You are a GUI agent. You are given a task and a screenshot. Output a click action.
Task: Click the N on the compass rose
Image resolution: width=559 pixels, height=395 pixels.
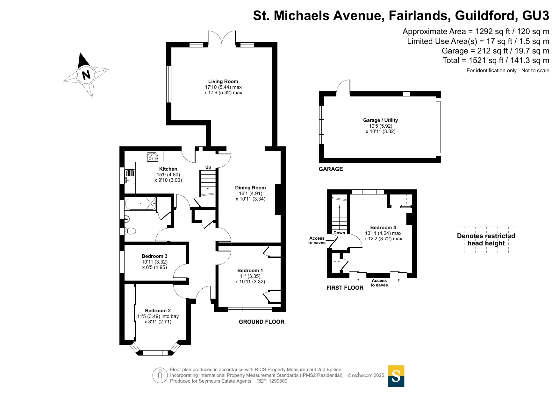(x=86, y=75)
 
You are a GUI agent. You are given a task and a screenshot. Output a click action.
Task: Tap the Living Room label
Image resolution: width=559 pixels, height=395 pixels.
(x=223, y=81)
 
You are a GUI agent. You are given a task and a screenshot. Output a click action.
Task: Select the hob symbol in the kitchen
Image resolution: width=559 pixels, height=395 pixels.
(x=153, y=157)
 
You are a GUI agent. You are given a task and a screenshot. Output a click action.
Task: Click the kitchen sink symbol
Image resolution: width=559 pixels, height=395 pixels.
(x=130, y=177)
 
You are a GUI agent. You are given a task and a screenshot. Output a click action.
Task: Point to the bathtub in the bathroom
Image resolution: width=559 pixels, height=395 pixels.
(x=140, y=204)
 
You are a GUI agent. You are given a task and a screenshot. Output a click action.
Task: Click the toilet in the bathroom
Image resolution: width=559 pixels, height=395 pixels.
(x=130, y=231)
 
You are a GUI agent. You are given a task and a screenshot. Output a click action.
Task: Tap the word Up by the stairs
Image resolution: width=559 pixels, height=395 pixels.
(x=208, y=167)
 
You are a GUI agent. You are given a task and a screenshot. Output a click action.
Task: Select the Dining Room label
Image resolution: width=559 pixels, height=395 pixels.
(x=250, y=188)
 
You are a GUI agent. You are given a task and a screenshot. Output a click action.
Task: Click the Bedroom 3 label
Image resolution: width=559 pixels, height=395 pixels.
(x=154, y=256)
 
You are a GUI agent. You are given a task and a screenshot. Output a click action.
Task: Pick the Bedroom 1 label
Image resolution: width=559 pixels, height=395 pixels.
(x=250, y=271)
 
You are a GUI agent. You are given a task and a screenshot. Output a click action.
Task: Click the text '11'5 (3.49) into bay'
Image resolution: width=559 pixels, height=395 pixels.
(x=158, y=316)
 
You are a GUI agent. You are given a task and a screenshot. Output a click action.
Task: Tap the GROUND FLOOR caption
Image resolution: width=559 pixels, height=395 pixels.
(x=262, y=322)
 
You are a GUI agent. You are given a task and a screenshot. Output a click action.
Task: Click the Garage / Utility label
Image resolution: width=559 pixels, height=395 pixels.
(x=380, y=120)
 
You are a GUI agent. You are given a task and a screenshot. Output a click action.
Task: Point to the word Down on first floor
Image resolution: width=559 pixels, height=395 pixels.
(x=339, y=233)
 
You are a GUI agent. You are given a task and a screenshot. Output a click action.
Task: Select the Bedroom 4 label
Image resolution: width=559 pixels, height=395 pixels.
(x=383, y=228)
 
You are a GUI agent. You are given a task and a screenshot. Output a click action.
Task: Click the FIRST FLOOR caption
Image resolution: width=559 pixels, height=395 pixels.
(x=345, y=288)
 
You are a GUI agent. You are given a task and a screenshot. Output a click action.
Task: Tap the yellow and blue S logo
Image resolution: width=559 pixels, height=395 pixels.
(x=396, y=376)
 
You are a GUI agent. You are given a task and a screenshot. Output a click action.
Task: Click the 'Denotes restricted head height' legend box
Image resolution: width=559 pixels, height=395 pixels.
(x=486, y=240)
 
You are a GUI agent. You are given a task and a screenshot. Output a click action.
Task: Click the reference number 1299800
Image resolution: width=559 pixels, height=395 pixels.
(x=278, y=381)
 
